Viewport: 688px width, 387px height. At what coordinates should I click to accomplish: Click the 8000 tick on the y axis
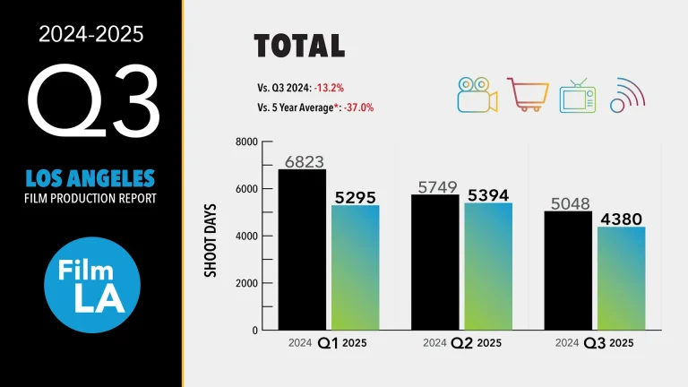click(x=246, y=142)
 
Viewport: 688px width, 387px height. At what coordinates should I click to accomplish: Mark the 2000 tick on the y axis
click(x=246, y=283)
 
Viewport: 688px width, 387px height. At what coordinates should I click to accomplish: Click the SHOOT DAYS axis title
click(x=211, y=236)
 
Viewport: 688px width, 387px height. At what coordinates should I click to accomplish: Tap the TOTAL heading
click(x=299, y=47)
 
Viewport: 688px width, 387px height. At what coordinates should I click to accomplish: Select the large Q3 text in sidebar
click(x=92, y=98)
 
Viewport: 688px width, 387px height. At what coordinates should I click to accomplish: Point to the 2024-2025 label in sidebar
click(x=92, y=35)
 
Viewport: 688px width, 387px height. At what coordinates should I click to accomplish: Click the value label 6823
click(x=305, y=161)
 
